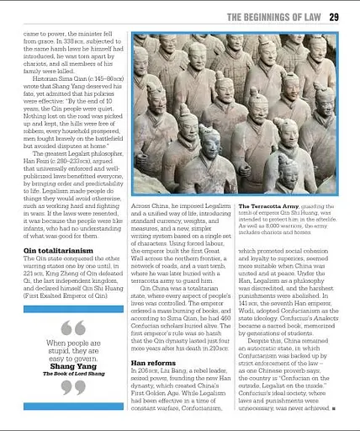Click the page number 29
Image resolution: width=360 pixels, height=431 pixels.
click(x=333, y=16)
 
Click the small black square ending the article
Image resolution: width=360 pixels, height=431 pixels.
click(x=336, y=407)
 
